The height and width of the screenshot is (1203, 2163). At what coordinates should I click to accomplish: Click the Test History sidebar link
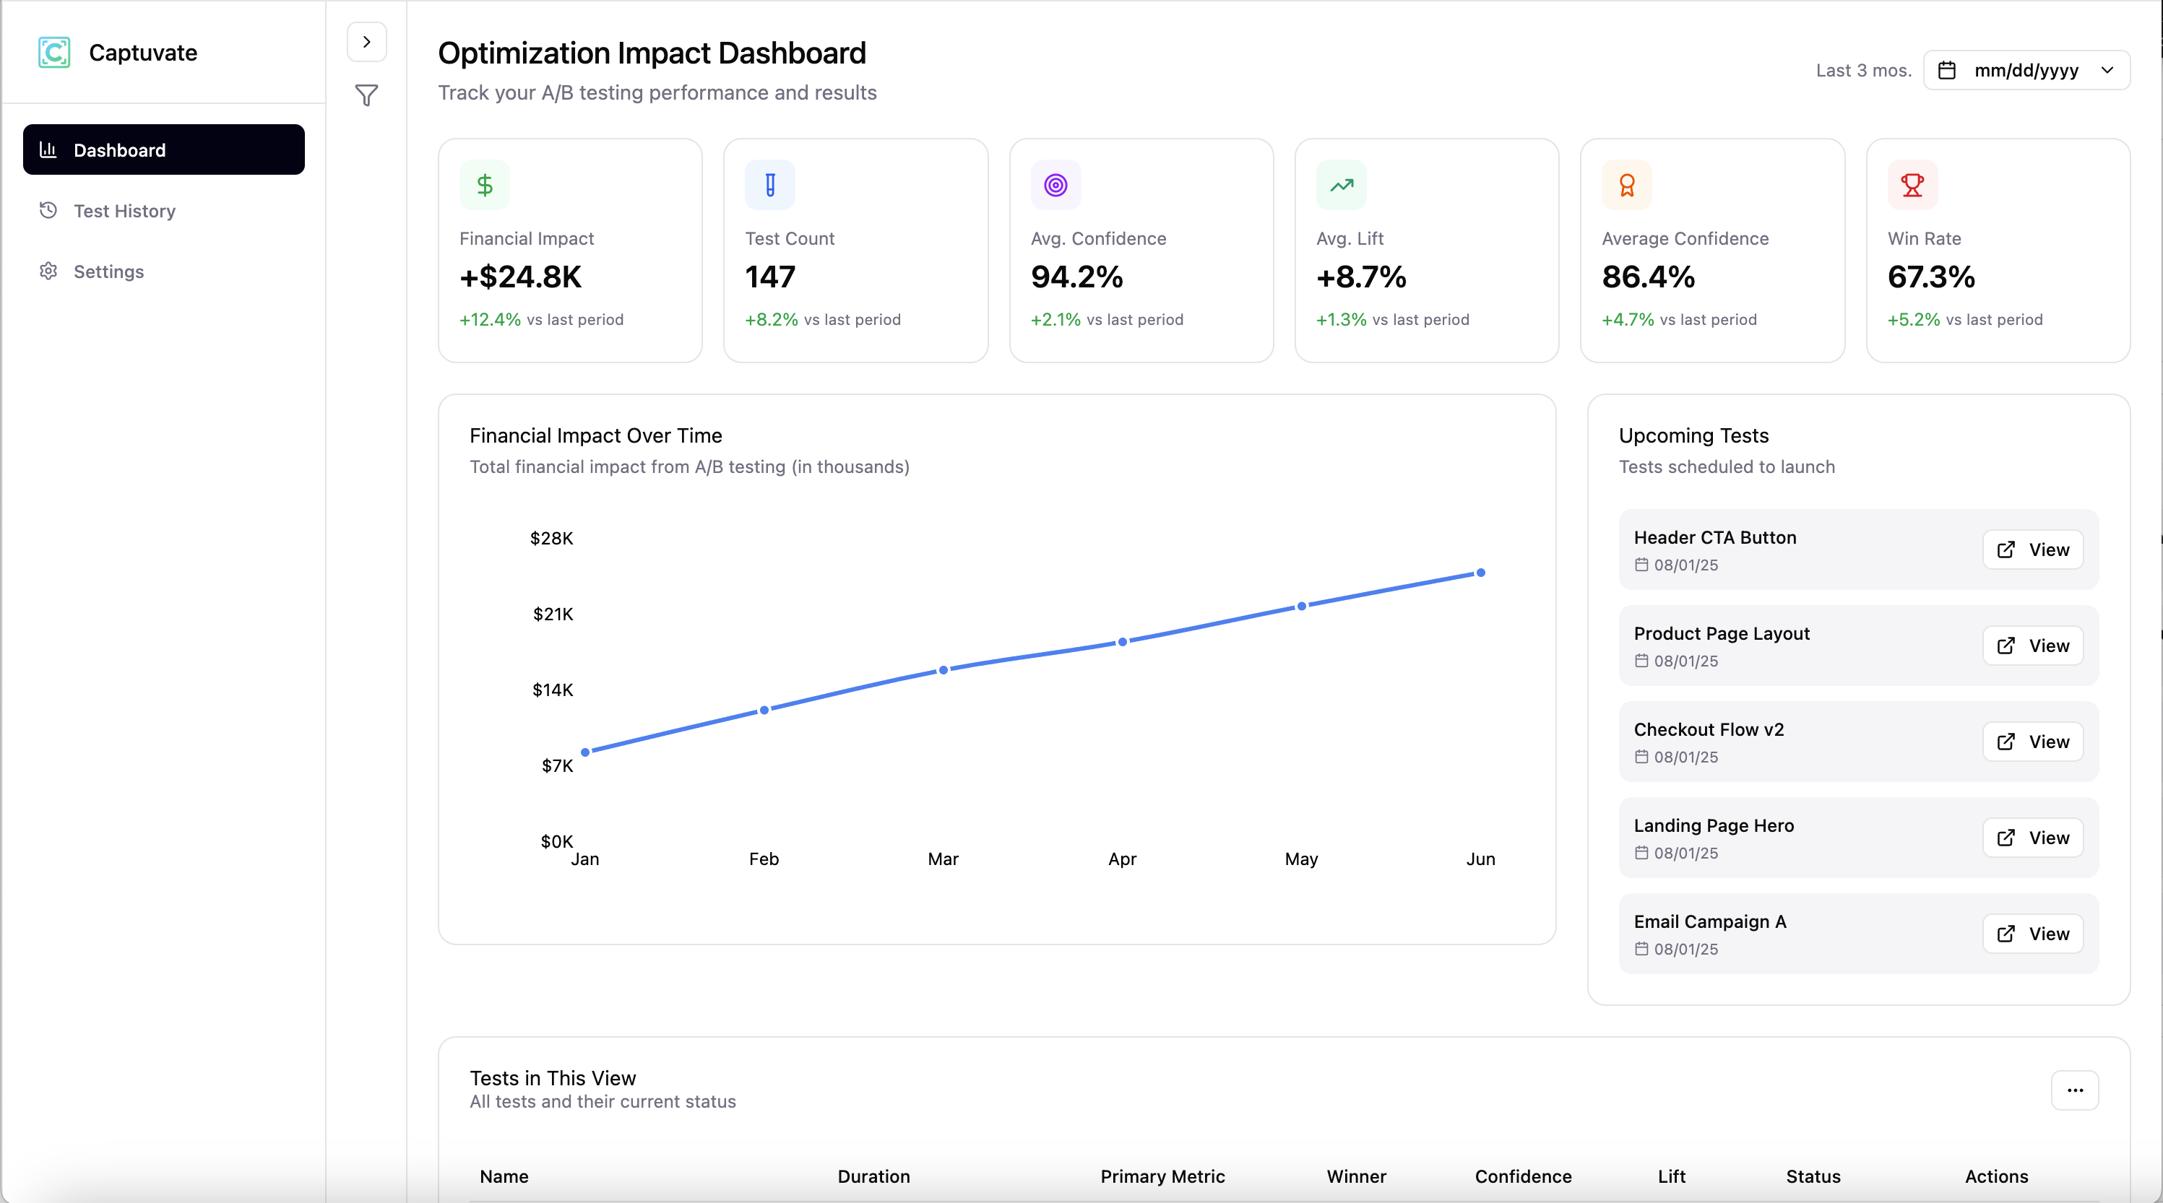click(x=124, y=211)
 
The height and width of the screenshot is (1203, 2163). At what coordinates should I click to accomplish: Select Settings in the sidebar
click(x=108, y=272)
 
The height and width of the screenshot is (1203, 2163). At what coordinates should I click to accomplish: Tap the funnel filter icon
click(x=366, y=96)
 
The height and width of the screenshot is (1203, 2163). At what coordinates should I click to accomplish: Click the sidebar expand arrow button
click(x=366, y=42)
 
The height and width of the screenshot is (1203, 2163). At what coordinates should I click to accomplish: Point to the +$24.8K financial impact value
click(x=521, y=277)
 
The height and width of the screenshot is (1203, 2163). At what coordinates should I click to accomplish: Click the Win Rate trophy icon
click(x=1912, y=185)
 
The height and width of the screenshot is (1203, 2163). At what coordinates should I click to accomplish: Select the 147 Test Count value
click(x=770, y=277)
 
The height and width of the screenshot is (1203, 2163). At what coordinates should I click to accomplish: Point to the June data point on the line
click(x=1480, y=573)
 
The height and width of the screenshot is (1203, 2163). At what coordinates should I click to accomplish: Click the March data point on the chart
click(x=943, y=670)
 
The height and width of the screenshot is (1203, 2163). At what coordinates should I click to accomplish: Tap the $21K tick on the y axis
click(x=553, y=614)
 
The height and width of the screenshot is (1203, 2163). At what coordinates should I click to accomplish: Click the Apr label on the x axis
click(x=1122, y=859)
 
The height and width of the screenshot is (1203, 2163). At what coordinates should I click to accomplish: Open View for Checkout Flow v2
click(x=2032, y=742)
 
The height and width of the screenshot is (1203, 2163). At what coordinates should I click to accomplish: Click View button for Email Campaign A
click(x=2032, y=934)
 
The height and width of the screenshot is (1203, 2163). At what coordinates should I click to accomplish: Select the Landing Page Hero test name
click(x=1713, y=825)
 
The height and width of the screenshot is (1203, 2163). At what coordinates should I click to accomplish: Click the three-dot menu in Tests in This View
click(x=2074, y=1090)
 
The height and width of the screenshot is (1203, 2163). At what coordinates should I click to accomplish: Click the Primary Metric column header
click(x=1162, y=1176)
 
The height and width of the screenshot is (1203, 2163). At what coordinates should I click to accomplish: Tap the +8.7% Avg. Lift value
click(x=1360, y=277)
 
